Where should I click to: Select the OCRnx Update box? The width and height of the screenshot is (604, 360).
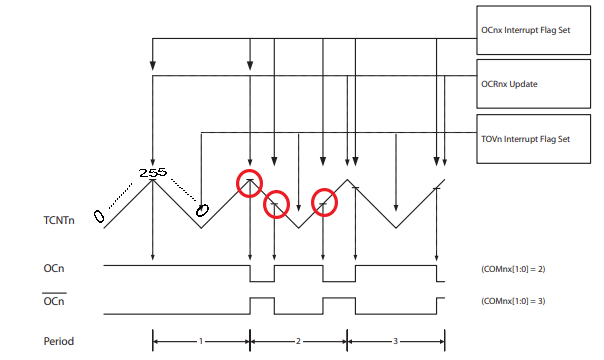[535, 84]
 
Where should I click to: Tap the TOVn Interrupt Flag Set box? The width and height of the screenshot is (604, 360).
[535, 137]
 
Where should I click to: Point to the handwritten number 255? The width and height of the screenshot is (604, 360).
[153, 172]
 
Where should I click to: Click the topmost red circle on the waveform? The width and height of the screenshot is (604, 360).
[249, 182]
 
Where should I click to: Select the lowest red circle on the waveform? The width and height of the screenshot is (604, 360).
[275, 205]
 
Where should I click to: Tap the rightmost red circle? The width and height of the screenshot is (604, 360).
[324, 202]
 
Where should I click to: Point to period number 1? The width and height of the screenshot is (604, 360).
[201, 341]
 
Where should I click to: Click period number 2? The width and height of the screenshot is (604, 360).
[298, 341]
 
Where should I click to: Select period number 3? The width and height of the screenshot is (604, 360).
[395, 341]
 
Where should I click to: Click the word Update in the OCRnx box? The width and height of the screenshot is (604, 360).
[524, 84]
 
